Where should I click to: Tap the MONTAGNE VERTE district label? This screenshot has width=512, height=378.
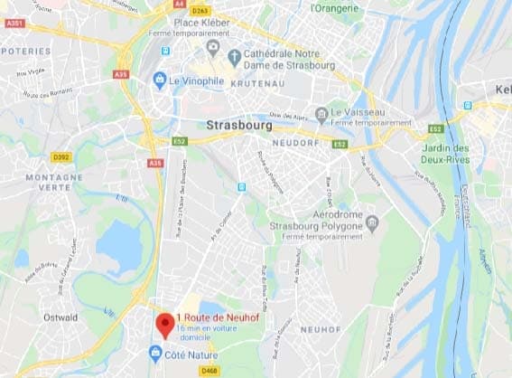53,183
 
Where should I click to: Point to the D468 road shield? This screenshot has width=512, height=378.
209,371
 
